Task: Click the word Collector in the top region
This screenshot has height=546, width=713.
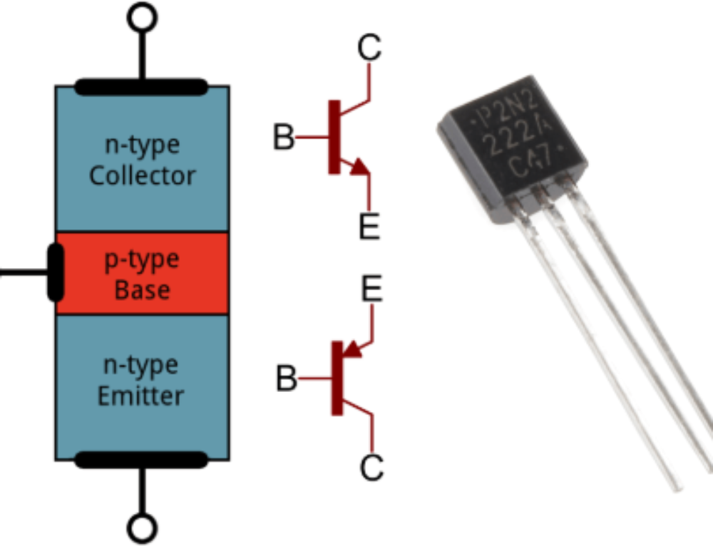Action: pos(142,175)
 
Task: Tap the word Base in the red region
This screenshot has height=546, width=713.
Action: pos(142,290)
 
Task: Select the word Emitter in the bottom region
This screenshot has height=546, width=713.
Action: pos(142,395)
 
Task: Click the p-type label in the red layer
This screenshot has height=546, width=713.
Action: pos(142,259)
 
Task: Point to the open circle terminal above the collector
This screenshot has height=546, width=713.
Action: pos(142,16)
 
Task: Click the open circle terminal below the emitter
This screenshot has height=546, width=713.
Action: pos(142,528)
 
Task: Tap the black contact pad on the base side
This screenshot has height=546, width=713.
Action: pos(55,272)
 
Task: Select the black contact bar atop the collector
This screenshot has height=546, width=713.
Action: pos(142,88)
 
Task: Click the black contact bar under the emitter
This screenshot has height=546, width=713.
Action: pos(142,460)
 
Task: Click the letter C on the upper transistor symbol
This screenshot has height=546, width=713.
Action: pos(369,48)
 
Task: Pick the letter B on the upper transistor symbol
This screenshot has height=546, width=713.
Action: pos(283,138)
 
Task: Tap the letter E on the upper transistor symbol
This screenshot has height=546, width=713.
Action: pos(369,226)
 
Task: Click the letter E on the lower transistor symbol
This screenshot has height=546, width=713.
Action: pos(371,290)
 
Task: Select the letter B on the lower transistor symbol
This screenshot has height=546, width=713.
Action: pos(286,379)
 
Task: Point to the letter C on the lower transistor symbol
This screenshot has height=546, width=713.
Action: pos(371,468)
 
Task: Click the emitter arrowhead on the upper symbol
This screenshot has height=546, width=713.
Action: pos(359,168)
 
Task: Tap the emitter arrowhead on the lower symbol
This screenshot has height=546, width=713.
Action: pos(349,349)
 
